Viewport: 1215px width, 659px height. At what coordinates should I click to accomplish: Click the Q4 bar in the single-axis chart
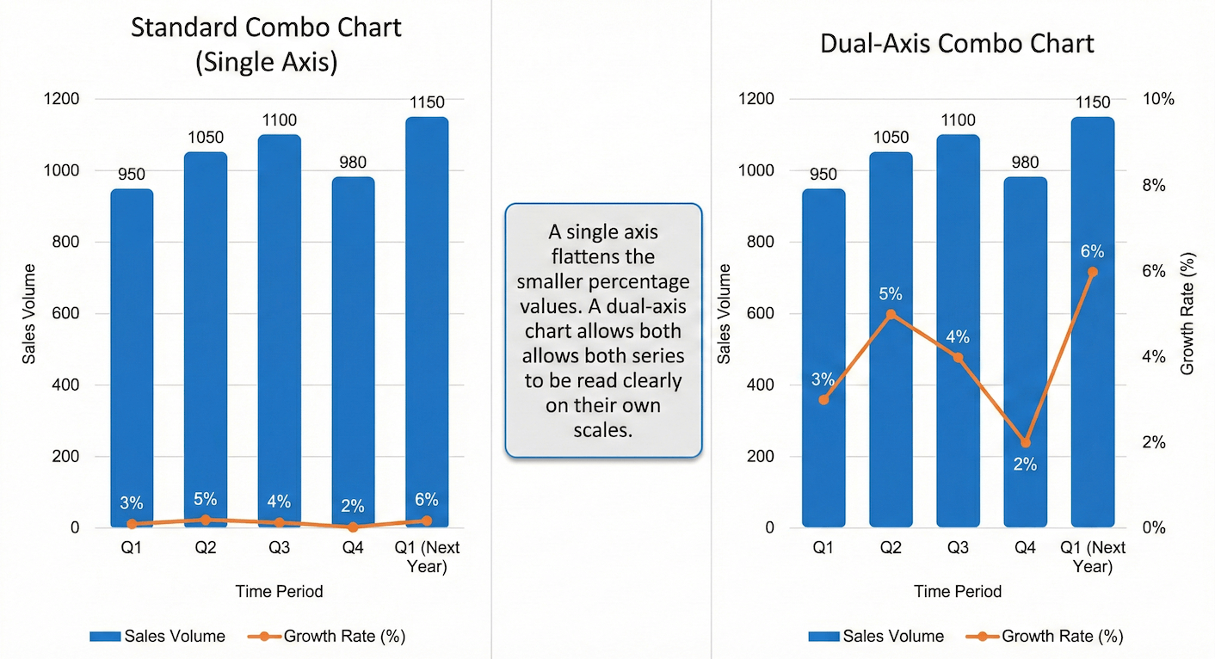(x=353, y=344)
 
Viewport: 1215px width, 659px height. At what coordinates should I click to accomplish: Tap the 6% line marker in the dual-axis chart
(x=1092, y=272)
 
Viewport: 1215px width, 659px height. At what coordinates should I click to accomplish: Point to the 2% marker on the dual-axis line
(x=1025, y=442)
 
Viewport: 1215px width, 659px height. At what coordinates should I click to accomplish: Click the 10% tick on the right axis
(x=1157, y=99)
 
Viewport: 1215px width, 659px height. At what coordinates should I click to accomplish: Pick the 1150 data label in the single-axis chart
(x=426, y=102)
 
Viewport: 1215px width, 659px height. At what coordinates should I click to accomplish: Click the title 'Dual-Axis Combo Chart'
(x=957, y=44)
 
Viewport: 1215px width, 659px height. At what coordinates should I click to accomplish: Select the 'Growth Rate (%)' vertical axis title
(x=1188, y=313)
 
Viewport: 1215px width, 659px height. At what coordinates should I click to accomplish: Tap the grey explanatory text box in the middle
(x=602, y=329)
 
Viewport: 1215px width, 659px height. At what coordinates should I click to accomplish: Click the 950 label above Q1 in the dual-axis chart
(x=823, y=175)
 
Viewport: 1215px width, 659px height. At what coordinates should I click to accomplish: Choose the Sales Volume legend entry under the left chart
(x=157, y=637)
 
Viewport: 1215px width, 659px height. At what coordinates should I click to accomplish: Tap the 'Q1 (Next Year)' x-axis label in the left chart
(x=427, y=557)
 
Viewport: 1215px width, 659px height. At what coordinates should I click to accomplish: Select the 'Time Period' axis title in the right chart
(x=958, y=591)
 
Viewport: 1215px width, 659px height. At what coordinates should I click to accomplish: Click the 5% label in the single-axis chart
(x=205, y=499)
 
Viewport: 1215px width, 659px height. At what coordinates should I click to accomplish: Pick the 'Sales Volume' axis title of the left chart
(x=29, y=314)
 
